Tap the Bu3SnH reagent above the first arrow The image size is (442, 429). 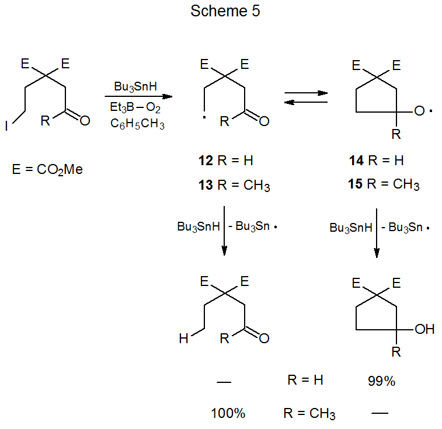[x=135, y=86]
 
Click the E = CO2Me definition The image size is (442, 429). [x=47, y=170]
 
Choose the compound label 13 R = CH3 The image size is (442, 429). [x=233, y=186]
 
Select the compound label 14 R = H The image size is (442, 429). [x=374, y=160]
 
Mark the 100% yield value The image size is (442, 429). [x=228, y=414]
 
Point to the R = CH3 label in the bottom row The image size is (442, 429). [x=309, y=414]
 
